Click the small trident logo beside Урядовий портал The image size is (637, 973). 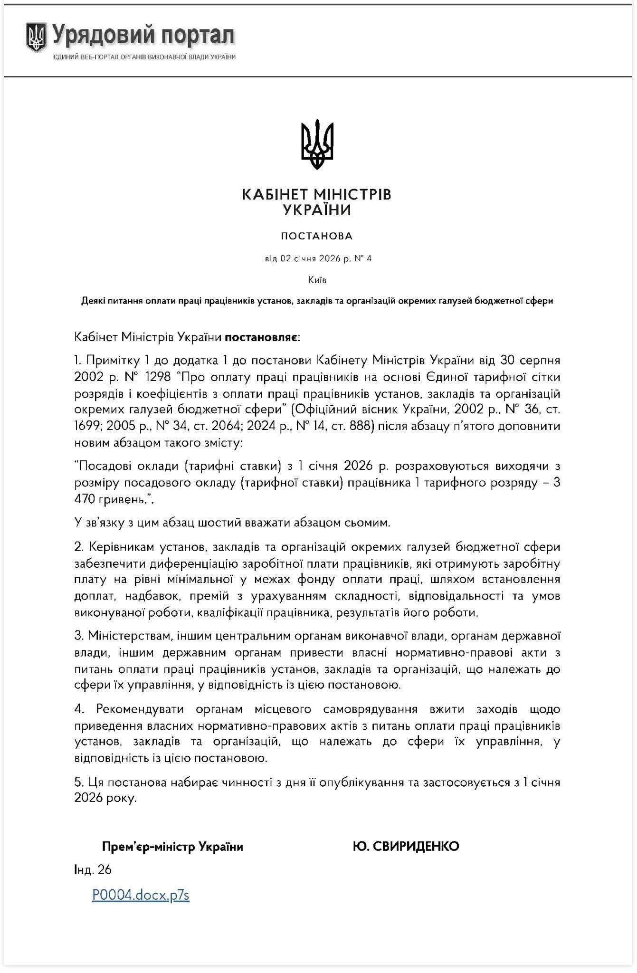[36, 38]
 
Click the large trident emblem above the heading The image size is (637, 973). [317, 145]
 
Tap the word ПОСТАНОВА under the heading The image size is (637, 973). [317, 236]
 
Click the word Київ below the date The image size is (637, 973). [317, 280]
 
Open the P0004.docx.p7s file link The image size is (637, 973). [141, 895]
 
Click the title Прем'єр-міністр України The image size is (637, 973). [172, 846]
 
